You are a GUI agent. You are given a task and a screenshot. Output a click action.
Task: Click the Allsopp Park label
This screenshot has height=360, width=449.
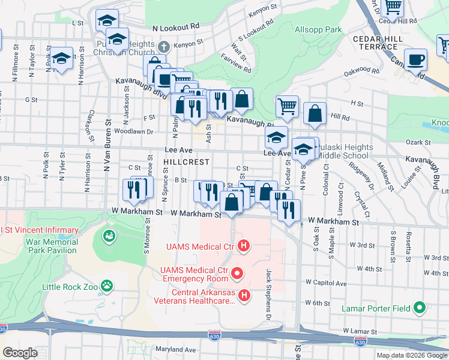click(x=318, y=29)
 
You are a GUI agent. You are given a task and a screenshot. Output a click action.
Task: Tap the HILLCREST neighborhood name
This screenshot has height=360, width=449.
click(x=187, y=162)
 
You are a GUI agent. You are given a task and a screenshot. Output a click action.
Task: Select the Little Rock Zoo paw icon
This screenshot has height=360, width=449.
click(x=107, y=286)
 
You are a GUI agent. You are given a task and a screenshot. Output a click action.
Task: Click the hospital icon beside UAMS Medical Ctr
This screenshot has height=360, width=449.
click(x=243, y=245)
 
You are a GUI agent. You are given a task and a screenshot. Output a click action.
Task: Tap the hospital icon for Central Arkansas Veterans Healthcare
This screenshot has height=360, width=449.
click(x=244, y=295)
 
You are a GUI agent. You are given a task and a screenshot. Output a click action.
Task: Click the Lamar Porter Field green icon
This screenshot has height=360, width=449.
click(x=419, y=308)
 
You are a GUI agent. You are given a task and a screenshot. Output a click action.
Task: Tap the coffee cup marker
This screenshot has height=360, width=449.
click(x=415, y=60)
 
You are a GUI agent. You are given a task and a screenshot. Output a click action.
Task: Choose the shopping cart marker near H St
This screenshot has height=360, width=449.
click(x=287, y=106)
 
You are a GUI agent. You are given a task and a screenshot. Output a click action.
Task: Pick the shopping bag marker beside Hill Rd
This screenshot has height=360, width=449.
click(x=315, y=113)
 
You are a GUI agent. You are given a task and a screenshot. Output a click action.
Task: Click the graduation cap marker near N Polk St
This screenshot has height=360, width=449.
click(x=61, y=58)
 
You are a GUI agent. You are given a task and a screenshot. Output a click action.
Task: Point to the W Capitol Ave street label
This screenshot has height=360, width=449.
click(x=325, y=282)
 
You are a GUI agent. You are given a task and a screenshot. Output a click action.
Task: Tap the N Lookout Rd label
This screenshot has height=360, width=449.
click(x=175, y=28)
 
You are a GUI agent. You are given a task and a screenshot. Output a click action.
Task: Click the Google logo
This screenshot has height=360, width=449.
click(x=20, y=353)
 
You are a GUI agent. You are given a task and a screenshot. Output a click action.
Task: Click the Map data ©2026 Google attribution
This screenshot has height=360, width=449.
click(x=412, y=355)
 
